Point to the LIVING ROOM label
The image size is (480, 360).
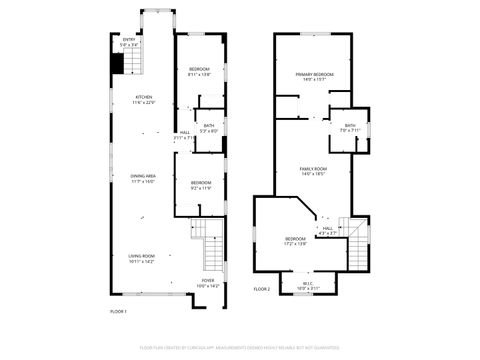(x=141, y=258)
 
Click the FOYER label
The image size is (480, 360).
(x=208, y=283)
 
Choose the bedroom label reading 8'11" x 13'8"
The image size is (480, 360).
(x=200, y=71)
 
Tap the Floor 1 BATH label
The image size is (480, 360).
(x=209, y=128)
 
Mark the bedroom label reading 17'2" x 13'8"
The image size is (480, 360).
(x=295, y=241)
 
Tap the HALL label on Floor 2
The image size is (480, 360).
(x=328, y=230)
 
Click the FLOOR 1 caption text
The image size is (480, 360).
(x=118, y=312)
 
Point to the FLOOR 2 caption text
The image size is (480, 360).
(x=262, y=289)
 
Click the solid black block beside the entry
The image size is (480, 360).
(x=116, y=63)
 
